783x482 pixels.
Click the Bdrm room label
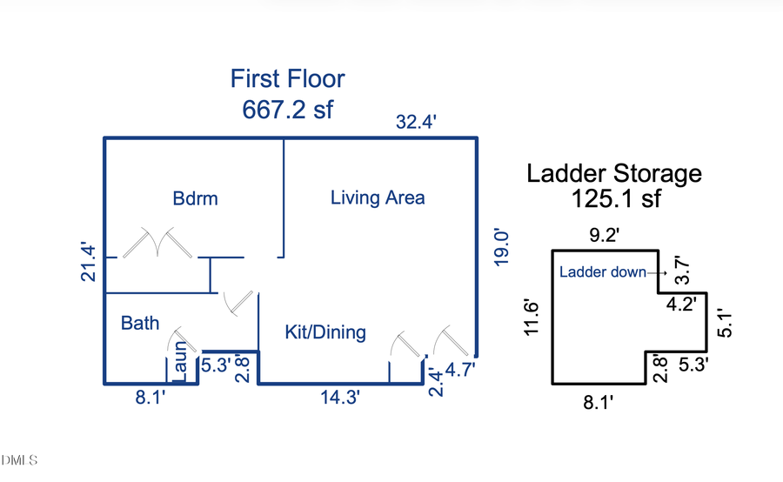(x=195, y=198)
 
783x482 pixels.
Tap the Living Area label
(x=378, y=197)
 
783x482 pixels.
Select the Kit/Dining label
(x=325, y=332)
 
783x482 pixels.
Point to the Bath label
(x=140, y=323)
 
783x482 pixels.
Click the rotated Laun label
(x=180, y=361)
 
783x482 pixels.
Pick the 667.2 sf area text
(x=288, y=110)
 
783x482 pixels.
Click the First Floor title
(x=288, y=78)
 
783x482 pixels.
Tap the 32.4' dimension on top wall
(x=416, y=122)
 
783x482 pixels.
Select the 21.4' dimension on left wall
(x=88, y=262)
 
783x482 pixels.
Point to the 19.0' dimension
(x=501, y=248)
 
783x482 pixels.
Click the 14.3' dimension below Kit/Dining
(x=339, y=398)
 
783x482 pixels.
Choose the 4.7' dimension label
(x=460, y=370)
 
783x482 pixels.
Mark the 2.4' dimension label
(x=436, y=382)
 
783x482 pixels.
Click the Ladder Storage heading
(x=614, y=174)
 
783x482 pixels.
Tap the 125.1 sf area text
(x=616, y=198)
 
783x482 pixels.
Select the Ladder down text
(x=602, y=271)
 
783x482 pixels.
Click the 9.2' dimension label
(x=605, y=234)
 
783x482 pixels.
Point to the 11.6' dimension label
(x=532, y=318)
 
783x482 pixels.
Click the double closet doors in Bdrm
(x=157, y=243)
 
